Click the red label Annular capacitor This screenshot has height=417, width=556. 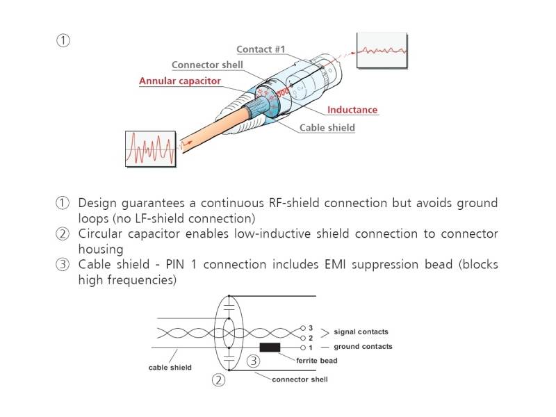pos(180,81)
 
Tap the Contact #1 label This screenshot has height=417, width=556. pos(261,49)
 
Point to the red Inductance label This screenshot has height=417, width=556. pos(352,110)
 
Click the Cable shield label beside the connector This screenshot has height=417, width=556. pos(327,127)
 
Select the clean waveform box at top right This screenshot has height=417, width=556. pos(382,51)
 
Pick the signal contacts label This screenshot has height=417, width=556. pos(361,332)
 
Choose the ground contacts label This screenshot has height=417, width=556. pos(363,346)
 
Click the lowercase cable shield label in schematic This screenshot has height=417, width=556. pos(170,367)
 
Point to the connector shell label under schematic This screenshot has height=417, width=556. pos(300,379)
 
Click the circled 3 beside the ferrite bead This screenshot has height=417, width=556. pos(254,361)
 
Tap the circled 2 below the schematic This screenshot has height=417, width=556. pos(219,380)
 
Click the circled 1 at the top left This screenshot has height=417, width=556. pos(63,40)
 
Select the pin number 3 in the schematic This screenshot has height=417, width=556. pos(311,327)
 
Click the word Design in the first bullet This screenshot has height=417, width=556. pos(99,203)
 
